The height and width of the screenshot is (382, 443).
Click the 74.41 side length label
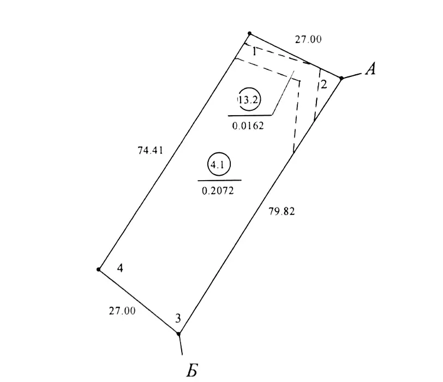point(151,150)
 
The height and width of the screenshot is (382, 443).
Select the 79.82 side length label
point(282,211)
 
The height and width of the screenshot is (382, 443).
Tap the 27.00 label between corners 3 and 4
point(122,311)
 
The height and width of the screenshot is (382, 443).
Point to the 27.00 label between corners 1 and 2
point(308,39)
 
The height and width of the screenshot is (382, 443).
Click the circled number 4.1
point(219,164)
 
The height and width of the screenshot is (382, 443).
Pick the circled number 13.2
point(249,99)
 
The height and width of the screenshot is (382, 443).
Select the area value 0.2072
point(218,191)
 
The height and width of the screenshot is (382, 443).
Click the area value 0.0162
point(248,126)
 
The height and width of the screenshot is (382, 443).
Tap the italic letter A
point(370,69)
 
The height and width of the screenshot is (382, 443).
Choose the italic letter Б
point(192,370)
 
